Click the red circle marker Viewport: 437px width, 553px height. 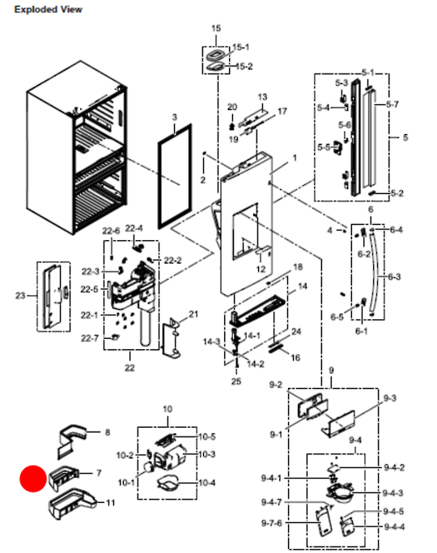tap(33, 479)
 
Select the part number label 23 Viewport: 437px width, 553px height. tap(21, 296)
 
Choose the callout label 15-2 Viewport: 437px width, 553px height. tap(242, 66)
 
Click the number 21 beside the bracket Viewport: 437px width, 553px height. tap(193, 314)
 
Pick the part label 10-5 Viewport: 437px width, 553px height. tap(207, 436)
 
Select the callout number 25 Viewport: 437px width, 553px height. tap(236, 381)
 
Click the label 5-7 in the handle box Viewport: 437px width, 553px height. tap(392, 105)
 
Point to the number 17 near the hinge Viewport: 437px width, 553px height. tap(282, 111)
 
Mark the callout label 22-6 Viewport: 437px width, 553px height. tap(110, 231)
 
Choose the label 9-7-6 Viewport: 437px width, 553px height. tap(273, 524)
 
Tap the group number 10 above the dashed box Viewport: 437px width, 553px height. tap(168, 410)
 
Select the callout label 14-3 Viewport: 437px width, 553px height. tap(212, 343)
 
